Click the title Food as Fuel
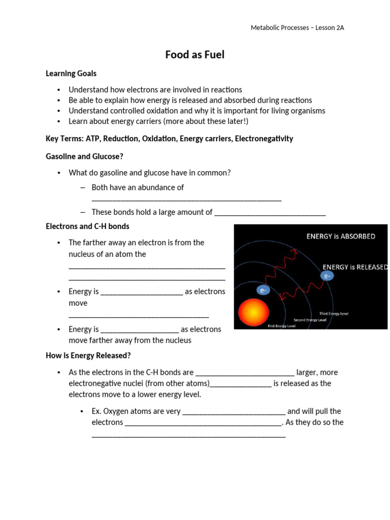click(194, 55)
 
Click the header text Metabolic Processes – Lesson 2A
click(297, 28)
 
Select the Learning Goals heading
click(71, 74)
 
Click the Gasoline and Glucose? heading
click(84, 156)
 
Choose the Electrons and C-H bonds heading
click(87, 226)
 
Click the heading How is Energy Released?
click(88, 355)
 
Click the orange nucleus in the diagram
click(253, 312)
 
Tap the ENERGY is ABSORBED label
click(341, 236)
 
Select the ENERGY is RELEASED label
click(355, 267)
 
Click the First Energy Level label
click(281, 326)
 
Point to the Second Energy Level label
click(310, 320)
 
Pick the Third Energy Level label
click(334, 314)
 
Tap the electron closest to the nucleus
click(263, 290)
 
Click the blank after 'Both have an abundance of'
click(186, 199)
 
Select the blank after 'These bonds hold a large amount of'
click(270, 213)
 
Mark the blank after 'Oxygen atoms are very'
click(234, 412)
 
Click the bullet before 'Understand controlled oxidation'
click(59, 111)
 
